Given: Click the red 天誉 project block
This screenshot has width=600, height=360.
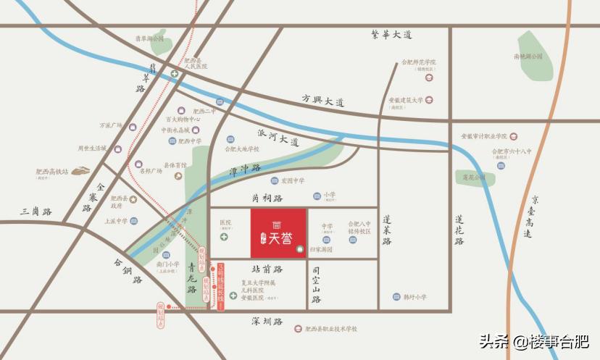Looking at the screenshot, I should point(278,233).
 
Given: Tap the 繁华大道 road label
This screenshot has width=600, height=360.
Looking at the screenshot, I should point(391,34).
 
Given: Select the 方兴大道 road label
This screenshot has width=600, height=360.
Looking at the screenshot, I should point(322,99).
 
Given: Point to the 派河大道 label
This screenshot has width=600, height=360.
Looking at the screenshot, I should point(278,138).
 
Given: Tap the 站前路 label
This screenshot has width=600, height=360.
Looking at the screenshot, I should point(268,269).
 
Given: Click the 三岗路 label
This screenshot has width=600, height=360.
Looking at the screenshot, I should point(36,212).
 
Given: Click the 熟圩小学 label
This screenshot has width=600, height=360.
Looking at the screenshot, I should point(414,297).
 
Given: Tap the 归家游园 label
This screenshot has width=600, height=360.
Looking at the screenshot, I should point(320,249).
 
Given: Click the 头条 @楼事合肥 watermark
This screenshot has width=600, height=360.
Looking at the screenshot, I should point(532,341).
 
